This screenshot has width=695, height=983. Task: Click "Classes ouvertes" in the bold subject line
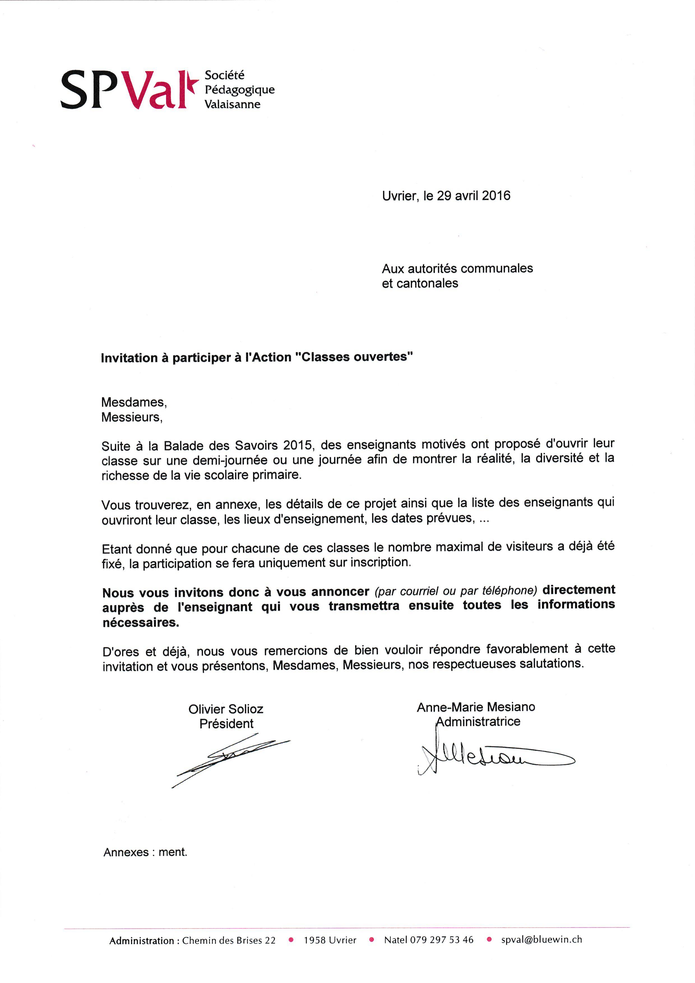355,357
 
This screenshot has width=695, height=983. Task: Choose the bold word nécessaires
140,623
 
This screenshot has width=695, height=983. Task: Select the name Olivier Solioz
226,709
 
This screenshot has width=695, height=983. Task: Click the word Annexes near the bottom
126,852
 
